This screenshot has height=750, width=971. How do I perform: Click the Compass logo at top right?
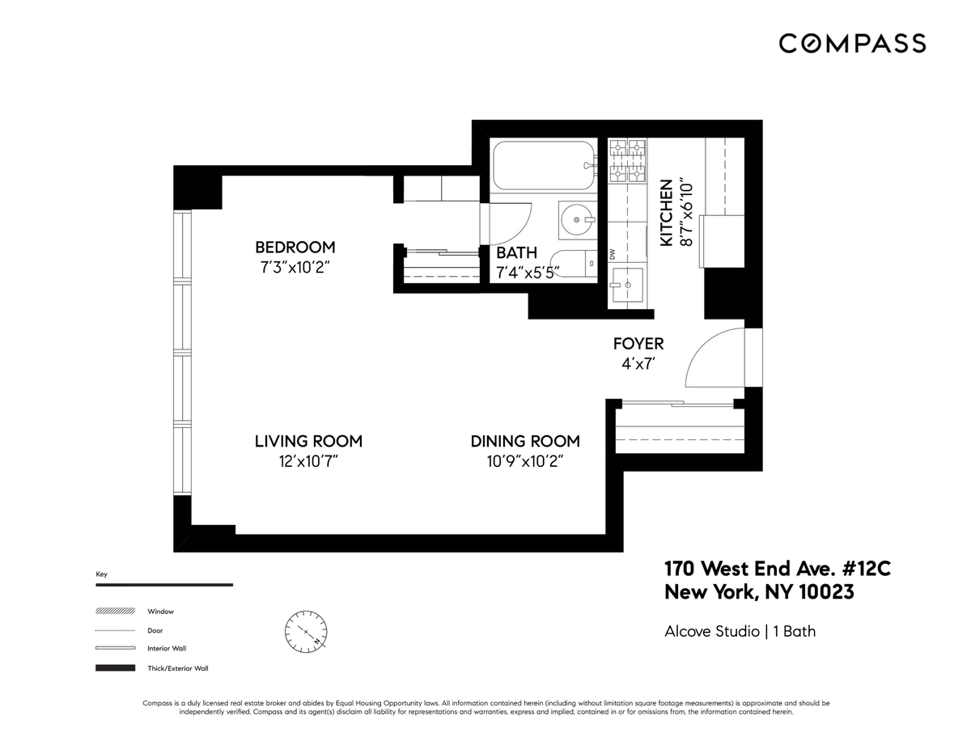pyautogui.click(x=852, y=43)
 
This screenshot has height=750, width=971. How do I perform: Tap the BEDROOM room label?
pyautogui.click(x=295, y=248)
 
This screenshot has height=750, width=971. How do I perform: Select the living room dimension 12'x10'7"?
pyautogui.click(x=308, y=462)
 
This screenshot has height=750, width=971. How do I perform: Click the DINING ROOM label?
pyautogui.click(x=525, y=442)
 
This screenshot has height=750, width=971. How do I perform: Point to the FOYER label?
pyautogui.click(x=638, y=344)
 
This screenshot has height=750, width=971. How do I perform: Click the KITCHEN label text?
pyautogui.click(x=667, y=213)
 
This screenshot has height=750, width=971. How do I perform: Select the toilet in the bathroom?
pyautogui.click(x=576, y=264)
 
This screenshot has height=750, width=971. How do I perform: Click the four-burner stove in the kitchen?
pyautogui.click(x=627, y=160)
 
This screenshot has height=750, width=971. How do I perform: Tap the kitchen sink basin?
pyautogui.click(x=626, y=285)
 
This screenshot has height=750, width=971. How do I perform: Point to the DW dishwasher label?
pyautogui.click(x=612, y=253)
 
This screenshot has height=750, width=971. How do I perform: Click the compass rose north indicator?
pyautogui.click(x=306, y=629)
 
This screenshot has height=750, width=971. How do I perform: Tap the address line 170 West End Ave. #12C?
pyautogui.click(x=777, y=569)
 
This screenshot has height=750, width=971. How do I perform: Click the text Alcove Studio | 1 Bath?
pyautogui.click(x=740, y=631)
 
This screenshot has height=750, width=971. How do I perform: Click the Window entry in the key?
pyautogui.click(x=160, y=612)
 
